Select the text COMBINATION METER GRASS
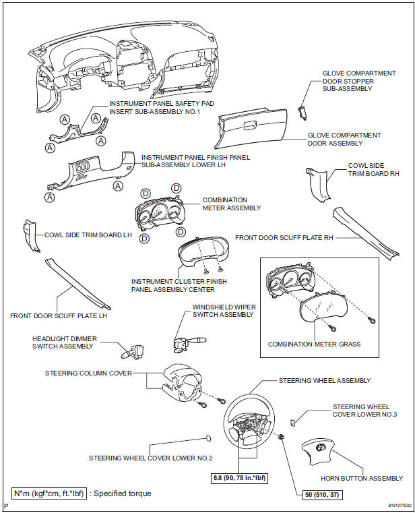314,344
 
